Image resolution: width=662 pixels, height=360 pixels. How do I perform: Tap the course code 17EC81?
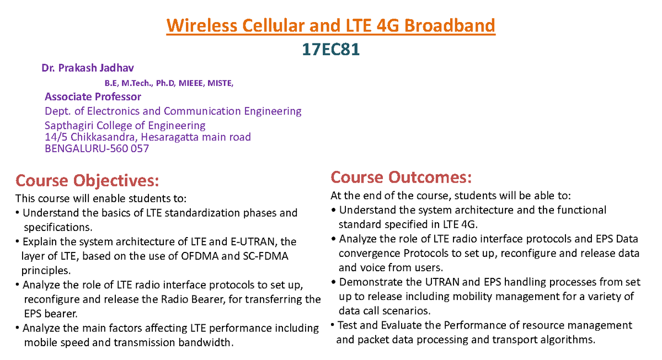click(330, 50)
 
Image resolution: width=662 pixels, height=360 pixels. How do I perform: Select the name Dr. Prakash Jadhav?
click(88, 68)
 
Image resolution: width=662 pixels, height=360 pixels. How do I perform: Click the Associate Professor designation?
click(93, 97)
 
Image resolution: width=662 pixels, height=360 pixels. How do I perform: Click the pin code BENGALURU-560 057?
click(97, 148)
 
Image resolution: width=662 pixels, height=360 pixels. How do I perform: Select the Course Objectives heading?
click(87, 180)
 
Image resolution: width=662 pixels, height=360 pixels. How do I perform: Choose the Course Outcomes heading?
click(401, 177)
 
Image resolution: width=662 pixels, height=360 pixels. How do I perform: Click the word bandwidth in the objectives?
click(204, 342)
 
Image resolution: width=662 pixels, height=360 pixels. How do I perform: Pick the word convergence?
click(369, 253)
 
